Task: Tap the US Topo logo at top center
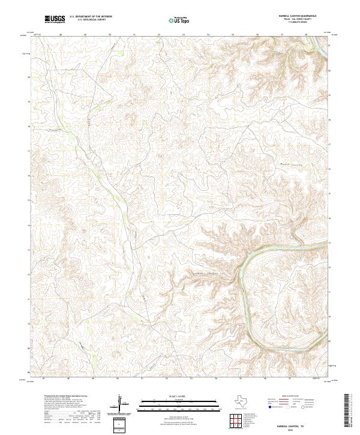179,20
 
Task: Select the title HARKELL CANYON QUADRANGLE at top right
295,16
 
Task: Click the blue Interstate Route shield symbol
269,407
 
